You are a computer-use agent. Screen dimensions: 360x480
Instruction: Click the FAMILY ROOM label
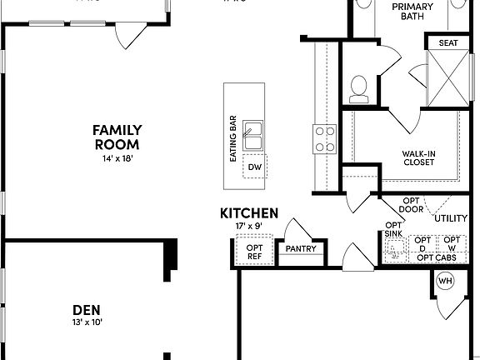tap(117, 137)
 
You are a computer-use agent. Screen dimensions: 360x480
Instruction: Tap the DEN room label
tap(87, 309)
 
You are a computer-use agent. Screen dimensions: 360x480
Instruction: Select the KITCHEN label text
tap(249, 214)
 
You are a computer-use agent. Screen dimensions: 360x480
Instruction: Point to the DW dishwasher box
tap(254, 167)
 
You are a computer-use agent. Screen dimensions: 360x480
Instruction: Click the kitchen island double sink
tap(252, 136)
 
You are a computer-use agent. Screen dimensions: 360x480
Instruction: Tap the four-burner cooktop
tap(324, 139)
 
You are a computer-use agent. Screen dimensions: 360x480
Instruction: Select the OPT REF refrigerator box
tap(253, 252)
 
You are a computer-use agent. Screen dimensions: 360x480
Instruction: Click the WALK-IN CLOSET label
tap(417, 157)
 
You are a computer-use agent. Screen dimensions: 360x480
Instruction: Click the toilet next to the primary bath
tap(360, 86)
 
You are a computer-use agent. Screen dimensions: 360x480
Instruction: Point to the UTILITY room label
tap(452, 218)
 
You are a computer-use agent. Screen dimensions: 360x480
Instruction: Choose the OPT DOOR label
tap(411, 205)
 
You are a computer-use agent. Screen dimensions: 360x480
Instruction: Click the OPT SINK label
tap(393, 229)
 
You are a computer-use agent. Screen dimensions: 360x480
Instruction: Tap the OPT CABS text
tap(436, 257)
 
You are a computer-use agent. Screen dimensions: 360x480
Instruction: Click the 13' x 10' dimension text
tap(87, 322)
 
